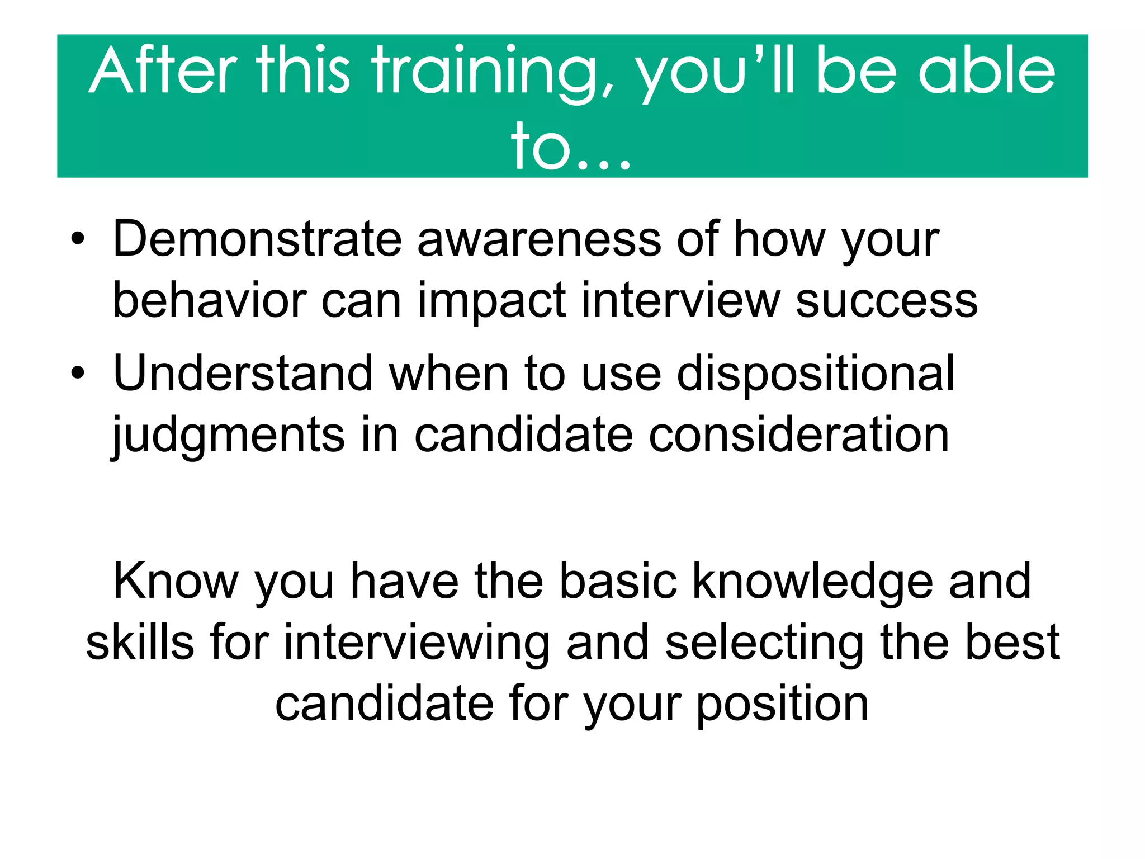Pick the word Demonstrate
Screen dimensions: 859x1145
click(258, 239)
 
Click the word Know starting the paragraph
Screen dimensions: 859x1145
click(176, 582)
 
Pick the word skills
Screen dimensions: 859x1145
click(140, 643)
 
